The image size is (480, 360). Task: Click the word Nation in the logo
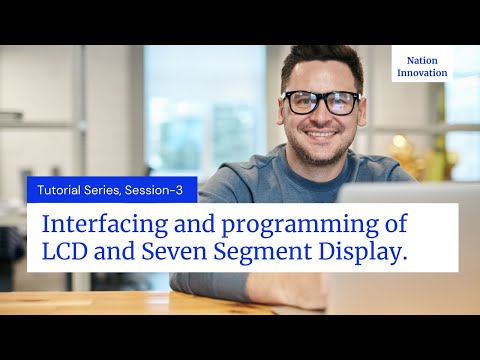[x=422, y=59]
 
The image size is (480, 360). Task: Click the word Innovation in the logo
[x=422, y=73]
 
